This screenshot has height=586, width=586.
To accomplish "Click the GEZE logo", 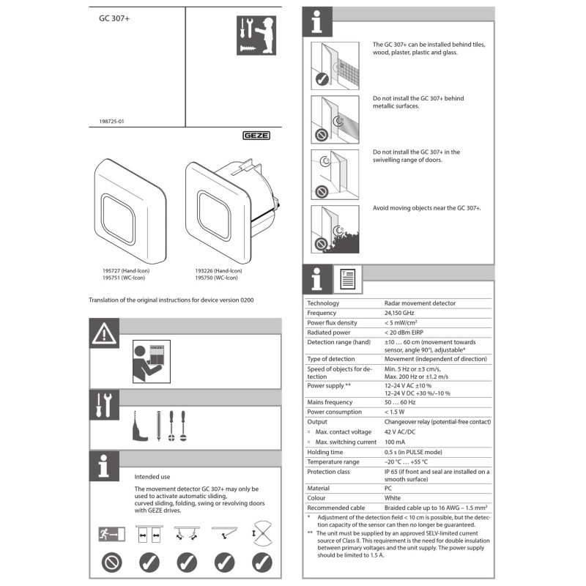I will coord(256,136).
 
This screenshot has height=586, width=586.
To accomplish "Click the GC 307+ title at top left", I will coord(115,20).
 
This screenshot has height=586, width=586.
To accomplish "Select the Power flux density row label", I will coord(332,322).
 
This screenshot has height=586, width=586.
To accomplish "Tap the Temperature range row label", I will coord(333,462).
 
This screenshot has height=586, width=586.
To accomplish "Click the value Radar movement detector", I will coord(420,303).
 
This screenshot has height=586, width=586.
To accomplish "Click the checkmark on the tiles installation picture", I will coord(321,81).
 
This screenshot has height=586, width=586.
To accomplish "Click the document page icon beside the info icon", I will coord(346,278).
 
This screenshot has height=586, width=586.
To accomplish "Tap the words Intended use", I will coord(152,476).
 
